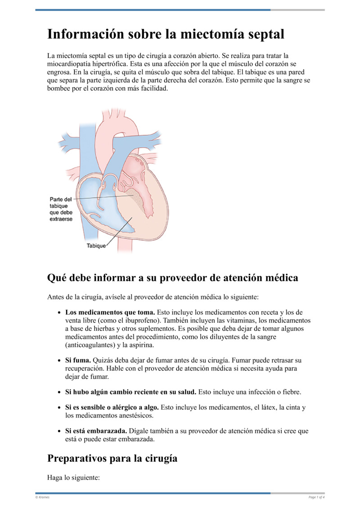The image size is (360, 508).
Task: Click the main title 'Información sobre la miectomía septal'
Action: point(166,35)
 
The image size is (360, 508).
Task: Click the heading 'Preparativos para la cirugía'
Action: point(112,458)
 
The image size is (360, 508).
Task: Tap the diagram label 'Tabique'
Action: point(96,246)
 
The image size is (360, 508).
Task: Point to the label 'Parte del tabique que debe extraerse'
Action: point(61,209)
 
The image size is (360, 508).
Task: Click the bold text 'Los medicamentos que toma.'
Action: point(110,312)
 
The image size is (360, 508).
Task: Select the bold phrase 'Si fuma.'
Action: point(78,361)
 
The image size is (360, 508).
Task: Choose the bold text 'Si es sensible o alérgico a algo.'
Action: point(112,407)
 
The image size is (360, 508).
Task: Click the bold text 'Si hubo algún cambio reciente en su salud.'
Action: point(130,392)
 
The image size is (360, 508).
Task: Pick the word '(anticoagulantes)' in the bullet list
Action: point(90,345)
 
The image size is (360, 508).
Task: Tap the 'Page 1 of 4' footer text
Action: point(316,497)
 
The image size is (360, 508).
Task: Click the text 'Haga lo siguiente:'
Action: point(73,478)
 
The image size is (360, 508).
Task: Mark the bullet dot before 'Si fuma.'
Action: point(60,361)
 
